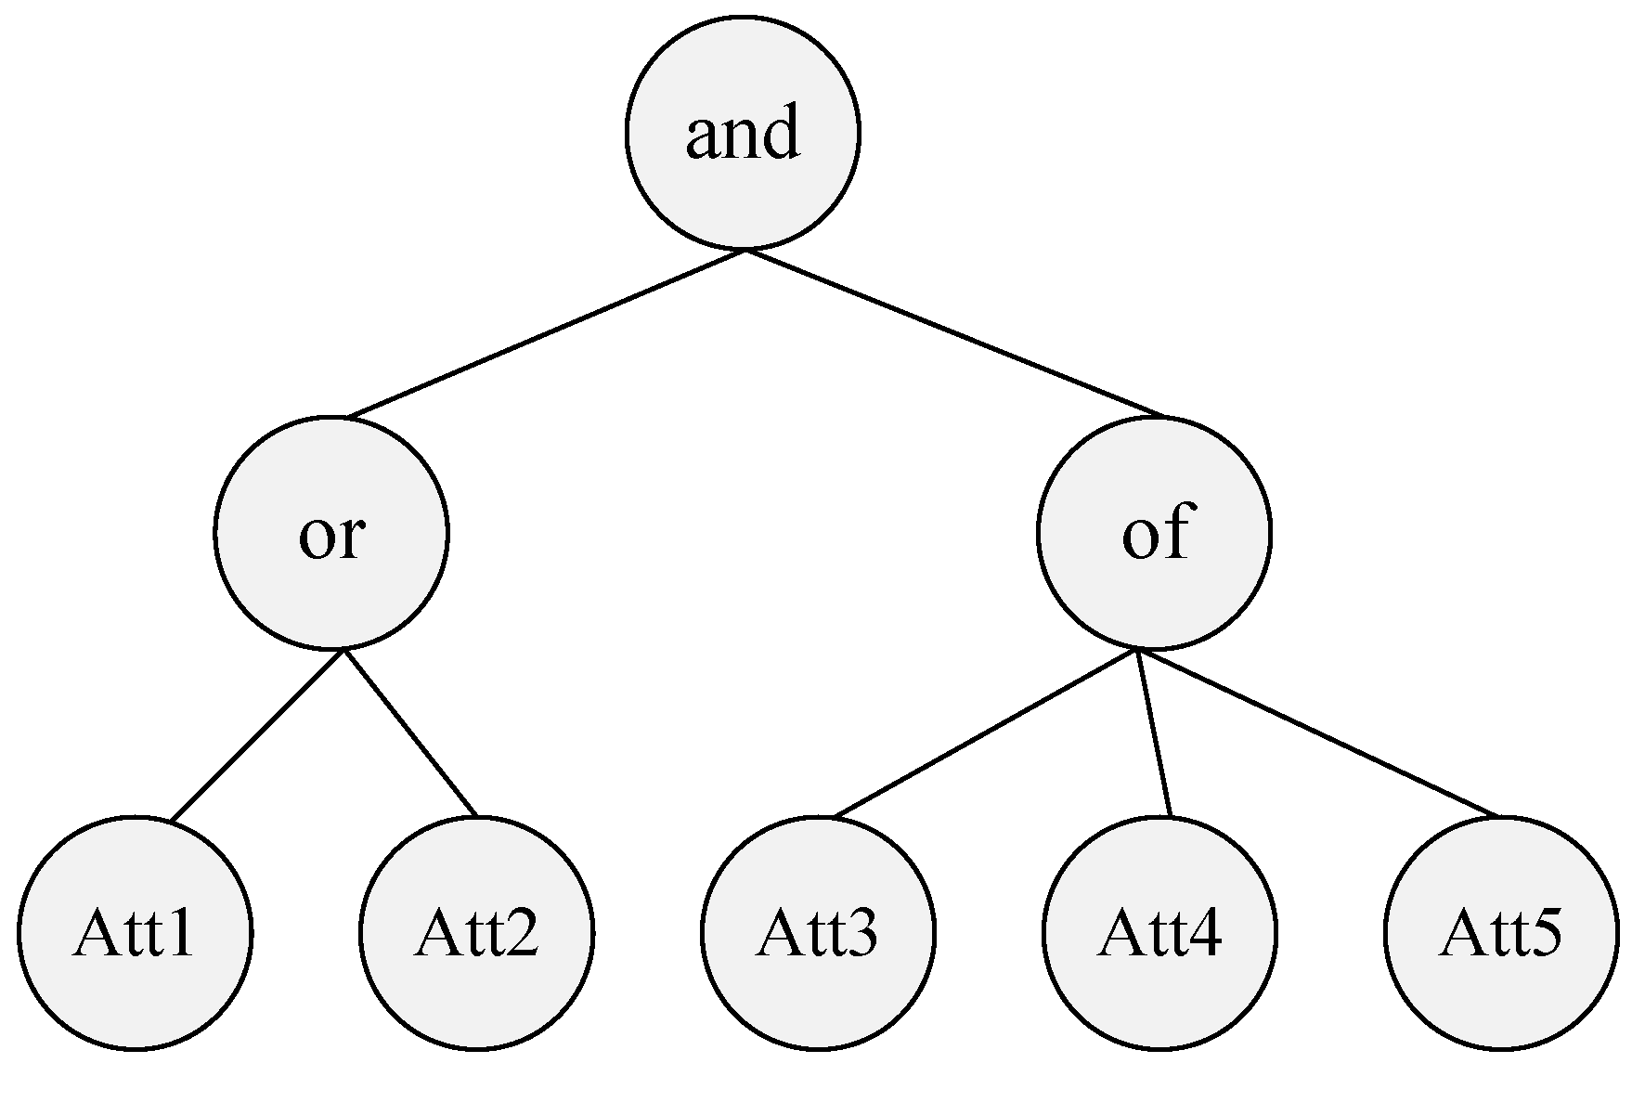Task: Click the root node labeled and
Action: pyautogui.click(x=743, y=133)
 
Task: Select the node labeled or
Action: pyautogui.click(x=331, y=532)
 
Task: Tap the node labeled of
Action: pyautogui.click(x=1154, y=532)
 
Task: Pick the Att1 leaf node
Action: pyautogui.click(x=136, y=932)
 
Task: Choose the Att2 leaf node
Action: pyautogui.click(x=476, y=932)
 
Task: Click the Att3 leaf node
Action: pyautogui.click(x=818, y=932)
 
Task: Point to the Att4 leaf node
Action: pyautogui.click(x=1159, y=932)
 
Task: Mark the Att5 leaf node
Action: pyautogui.click(x=1501, y=932)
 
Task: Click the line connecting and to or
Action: pyautogui.click(x=546, y=333)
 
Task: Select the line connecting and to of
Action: pyautogui.click(x=953, y=332)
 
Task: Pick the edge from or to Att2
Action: pyautogui.click(x=409, y=733)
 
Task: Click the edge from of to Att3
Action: pyautogui.click(x=986, y=733)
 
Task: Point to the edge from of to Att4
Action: pyautogui.click(x=1154, y=733)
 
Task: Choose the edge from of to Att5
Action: pyautogui.click(x=1318, y=733)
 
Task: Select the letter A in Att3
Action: pyautogui.click(x=777, y=932)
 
